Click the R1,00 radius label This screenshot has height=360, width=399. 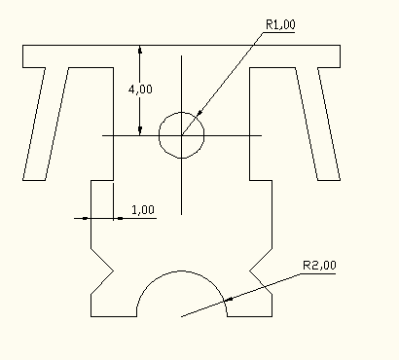(280, 24)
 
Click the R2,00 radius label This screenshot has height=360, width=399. (319, 266)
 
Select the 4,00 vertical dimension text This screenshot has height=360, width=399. (140, 90)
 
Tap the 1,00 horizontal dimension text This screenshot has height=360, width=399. (143, 210)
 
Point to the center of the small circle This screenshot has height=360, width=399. (181, 135)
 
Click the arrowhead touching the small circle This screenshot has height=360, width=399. (199, 112)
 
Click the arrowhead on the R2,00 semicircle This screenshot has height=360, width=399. (229, 300)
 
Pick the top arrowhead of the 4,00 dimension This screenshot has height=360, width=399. (140, 50)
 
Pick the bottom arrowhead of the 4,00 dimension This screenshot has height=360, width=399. (140, 131)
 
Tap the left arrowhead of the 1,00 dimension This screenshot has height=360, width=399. (85, 218)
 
